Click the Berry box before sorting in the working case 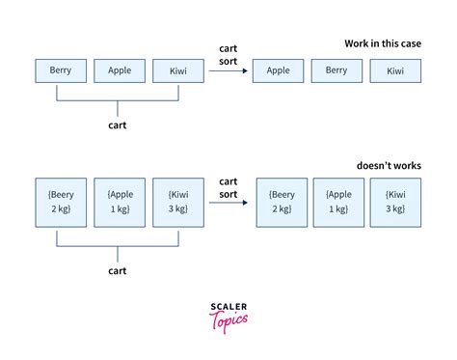click(x=61, y=70)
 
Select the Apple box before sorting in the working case click(x=119, y=70)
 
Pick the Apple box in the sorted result click(x=278, y=70)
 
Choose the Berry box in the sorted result click(x=336, y=70)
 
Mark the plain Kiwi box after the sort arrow click(x=395, y=70)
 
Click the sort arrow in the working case click(x=227, y=70)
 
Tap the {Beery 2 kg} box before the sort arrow click(x=61, y=201)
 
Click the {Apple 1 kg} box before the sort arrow click(x=119, y=201)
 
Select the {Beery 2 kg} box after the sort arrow click(x=282, y=201)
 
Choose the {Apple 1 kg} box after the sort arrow click(x=338, y=201)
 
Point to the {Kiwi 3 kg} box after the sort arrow click(x=396, y=201)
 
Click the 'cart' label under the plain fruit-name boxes click(x=119, y=124)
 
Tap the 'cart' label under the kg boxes click(x=119, y=271)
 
